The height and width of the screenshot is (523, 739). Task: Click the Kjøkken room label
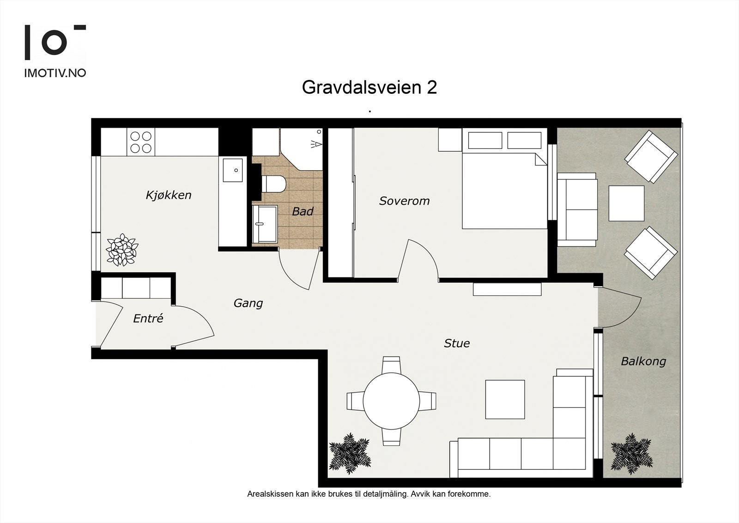(168, 195)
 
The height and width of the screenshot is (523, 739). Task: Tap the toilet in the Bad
(273, 184)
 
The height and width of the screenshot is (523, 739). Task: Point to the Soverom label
(404, 201)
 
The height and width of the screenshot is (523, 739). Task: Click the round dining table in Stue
(391, 400)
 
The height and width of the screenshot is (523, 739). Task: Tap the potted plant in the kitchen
(122, 250)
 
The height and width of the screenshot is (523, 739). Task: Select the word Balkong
(643, 361)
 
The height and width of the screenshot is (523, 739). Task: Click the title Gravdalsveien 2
(369, 87)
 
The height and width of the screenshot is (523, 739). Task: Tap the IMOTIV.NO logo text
(55, 73)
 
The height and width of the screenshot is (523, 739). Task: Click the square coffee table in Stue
(505, 399)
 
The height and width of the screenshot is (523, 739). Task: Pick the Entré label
(148, 319)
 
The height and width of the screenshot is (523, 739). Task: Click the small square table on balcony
(626, 203)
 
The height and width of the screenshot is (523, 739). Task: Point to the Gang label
(248, 303)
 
